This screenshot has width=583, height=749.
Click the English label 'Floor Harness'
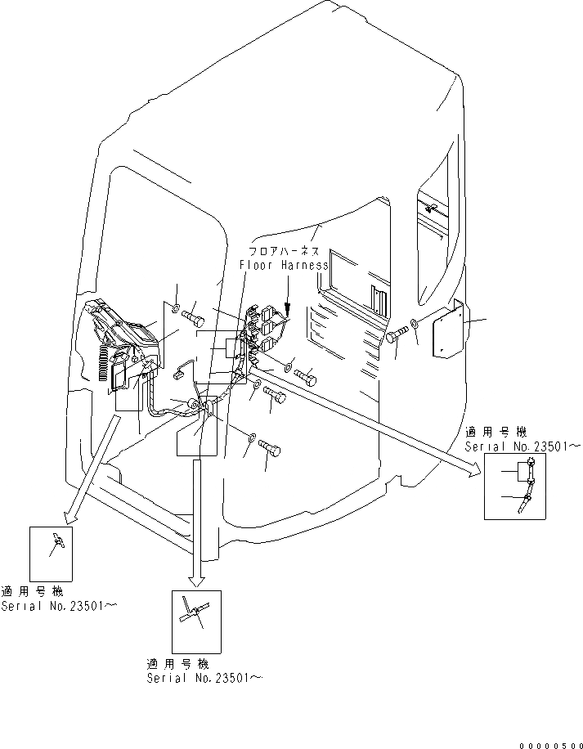284,265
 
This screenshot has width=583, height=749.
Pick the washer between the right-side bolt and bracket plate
415,325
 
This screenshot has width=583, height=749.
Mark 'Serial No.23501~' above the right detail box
522,447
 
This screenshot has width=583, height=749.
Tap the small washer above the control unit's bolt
177,307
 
